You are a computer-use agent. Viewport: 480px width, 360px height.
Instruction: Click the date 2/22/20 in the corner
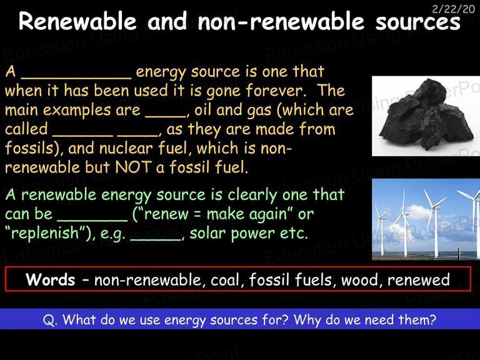(453, 9)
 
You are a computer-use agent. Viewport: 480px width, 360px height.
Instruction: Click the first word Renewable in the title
(77, 21)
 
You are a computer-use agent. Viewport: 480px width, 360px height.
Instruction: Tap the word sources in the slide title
(418, 22)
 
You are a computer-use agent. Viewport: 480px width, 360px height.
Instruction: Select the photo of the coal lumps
(426, 116)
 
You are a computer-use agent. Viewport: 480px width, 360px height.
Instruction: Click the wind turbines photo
(426, 219)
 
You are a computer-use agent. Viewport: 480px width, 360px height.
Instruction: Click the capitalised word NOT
(133, 167)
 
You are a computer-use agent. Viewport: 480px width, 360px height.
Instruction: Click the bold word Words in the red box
(51, 279)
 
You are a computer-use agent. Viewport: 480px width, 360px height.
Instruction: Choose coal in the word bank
(225, 280)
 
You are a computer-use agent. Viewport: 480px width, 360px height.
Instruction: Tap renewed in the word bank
(419, 280)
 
